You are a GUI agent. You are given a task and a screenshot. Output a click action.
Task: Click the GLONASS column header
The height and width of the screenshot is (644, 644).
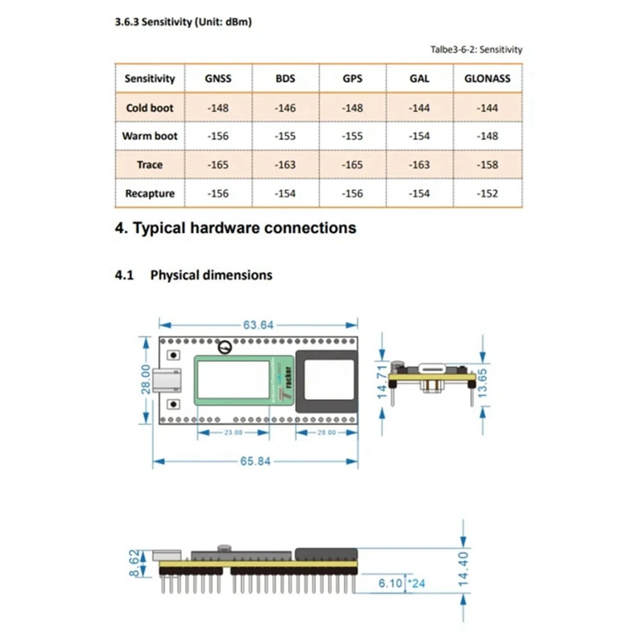pos(487,79)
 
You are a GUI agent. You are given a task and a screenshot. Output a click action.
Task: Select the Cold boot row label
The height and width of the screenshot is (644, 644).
pos(150,108)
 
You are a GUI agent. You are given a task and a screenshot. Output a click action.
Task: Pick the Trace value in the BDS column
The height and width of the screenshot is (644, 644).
pos(285,165)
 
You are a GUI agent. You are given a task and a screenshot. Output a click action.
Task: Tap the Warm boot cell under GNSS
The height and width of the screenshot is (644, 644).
pos(218,136)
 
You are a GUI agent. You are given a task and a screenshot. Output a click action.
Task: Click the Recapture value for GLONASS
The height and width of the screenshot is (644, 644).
pos(487,193)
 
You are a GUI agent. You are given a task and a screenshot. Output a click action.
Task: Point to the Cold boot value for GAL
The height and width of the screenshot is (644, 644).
pos(419,108)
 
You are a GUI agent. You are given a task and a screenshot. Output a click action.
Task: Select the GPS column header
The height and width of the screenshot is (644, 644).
pos(352,79)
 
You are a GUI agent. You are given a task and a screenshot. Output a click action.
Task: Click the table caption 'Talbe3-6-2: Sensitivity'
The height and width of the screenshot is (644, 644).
pos(476,50)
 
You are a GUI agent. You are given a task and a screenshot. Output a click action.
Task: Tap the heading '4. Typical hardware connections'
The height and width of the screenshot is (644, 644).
pos(236,228)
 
